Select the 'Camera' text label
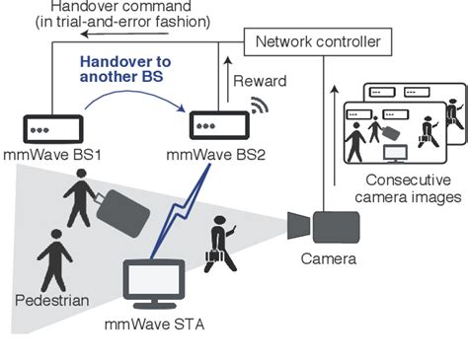pyautogui.click(x=329, y=260)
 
